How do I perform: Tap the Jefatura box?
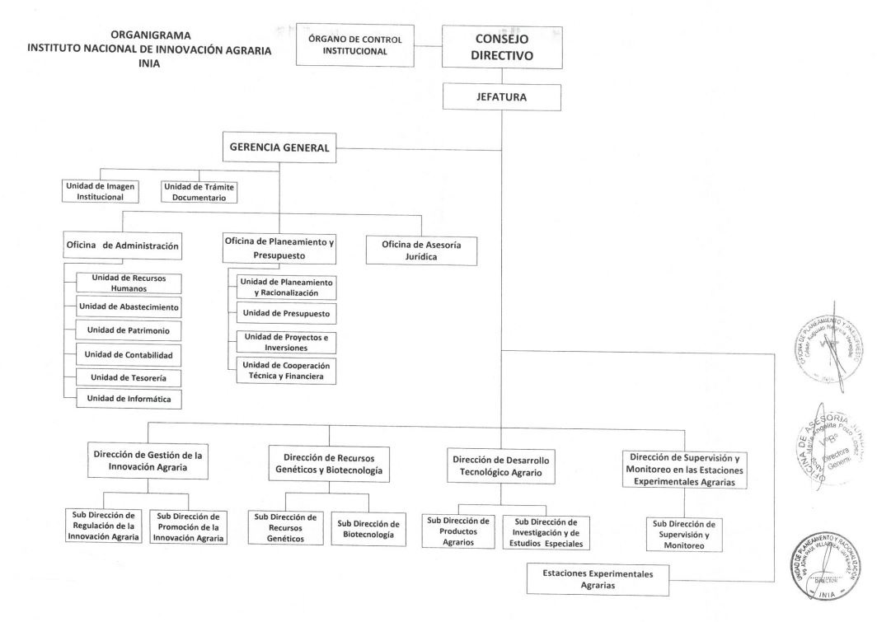click(502, 96)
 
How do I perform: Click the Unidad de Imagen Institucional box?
click(100, 191)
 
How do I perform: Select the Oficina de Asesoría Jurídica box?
click(420, 250)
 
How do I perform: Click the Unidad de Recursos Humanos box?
click(128, 283)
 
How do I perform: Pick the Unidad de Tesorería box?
click(128, 376)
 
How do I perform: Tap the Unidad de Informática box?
click(128, 400)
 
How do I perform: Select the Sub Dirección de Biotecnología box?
click(368, 529)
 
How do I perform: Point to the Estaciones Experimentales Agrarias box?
click(598, 578)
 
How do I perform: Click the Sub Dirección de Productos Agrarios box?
click(457, 531)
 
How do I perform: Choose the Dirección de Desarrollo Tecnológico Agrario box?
click(501, 466)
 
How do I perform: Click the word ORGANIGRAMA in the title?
click(149, 35)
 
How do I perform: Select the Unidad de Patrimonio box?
click(128, 330)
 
